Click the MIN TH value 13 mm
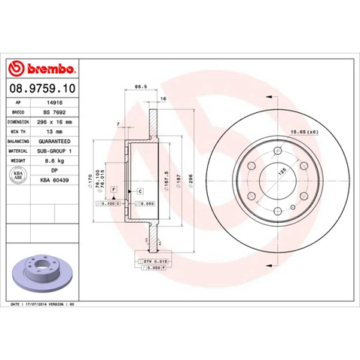pos(54,130)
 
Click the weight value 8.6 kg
pos(54,161)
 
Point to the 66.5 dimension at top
pos(139,87)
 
